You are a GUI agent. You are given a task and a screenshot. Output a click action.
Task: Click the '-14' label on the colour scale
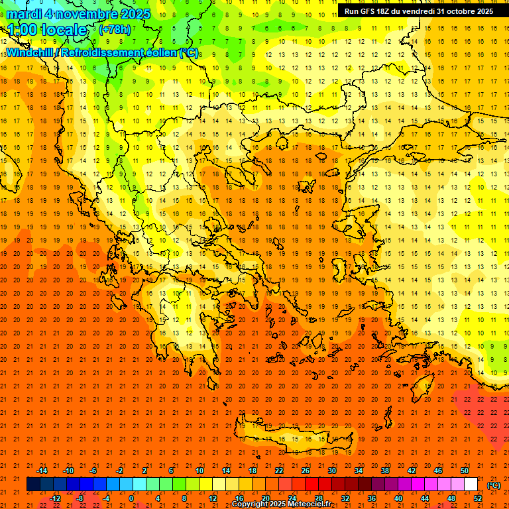[42, 471]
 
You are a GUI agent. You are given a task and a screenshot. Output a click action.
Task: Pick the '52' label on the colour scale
[478, 498]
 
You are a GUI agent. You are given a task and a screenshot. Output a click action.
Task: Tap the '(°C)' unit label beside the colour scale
[493, 485]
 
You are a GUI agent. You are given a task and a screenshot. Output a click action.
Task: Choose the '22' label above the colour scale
[279, 471]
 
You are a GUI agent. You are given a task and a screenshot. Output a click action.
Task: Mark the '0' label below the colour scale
[131, 498]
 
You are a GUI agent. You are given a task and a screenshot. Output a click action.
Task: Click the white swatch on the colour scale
[471, 484]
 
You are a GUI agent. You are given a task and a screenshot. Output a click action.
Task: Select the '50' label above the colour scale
[465, 471]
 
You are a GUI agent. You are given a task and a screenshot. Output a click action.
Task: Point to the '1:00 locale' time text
[48, 30]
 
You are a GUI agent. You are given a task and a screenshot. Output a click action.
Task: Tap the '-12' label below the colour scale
[56, 498]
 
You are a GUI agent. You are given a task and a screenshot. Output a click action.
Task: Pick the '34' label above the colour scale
[359, 471]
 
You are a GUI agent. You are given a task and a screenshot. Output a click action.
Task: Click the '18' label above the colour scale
[253, 471]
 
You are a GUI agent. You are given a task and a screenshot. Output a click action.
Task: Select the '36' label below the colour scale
[372, 498]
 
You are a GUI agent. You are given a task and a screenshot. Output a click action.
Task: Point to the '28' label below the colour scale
[319, 498]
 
